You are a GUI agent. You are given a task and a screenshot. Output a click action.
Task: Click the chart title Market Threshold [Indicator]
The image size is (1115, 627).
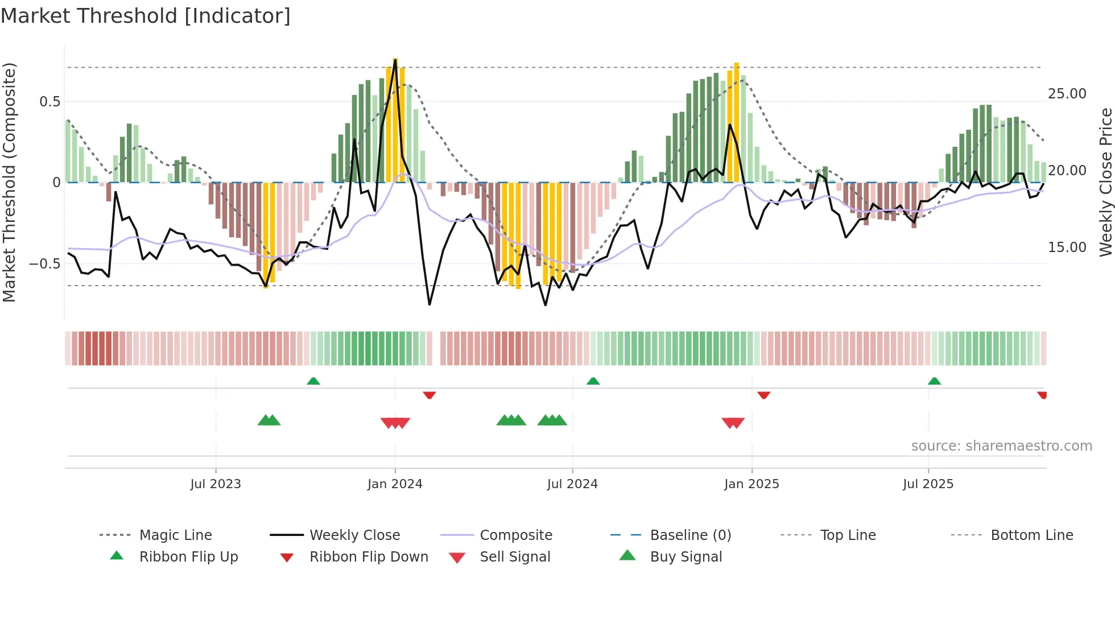(x=146, y=16)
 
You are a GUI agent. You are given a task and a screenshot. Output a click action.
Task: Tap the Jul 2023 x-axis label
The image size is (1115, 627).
(x=216, y=484)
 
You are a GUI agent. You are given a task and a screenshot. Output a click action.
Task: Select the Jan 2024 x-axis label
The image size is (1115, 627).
(x=395, y=484)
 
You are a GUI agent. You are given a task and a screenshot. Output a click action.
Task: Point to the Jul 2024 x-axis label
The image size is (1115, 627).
(x=572, y=484)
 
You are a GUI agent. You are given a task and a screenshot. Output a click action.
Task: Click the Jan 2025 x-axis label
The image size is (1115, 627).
(x=751, y=484)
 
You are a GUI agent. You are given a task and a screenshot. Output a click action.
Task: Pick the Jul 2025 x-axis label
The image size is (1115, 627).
(x=928, y=484)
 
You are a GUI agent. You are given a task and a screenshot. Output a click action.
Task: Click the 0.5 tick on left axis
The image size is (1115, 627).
(x=49, y=102)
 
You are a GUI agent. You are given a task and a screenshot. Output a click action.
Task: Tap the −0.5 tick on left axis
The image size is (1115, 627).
(x=44, y=264)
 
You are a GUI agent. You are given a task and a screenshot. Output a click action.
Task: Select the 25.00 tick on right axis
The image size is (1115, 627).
(x=1067, y=94)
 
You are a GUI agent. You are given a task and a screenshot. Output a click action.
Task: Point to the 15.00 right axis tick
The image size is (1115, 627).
(x=1067, y=247)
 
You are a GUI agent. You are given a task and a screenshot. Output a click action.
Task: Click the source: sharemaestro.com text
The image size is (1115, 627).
(x=1001, y=446)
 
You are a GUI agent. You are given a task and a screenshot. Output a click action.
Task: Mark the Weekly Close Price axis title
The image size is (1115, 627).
(x=1105, y=182)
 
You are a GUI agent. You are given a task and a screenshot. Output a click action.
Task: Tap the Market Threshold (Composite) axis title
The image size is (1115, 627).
(x=9, y=182)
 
